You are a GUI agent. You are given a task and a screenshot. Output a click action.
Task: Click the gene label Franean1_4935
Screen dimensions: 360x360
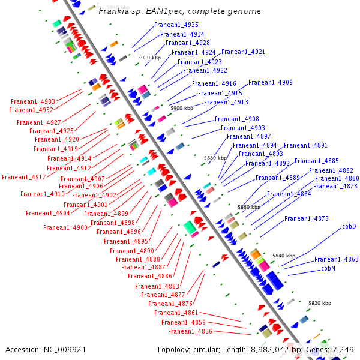pyautogui.click(x=176, y=25)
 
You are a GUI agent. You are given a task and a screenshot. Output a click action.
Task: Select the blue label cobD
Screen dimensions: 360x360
pyautogui.click(x=349, y=227)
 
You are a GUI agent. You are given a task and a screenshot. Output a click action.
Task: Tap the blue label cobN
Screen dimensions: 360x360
pyautogui.click(x=328, y=268)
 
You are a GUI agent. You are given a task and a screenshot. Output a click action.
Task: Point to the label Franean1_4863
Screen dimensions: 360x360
pyautogui.click(x=337, y=259)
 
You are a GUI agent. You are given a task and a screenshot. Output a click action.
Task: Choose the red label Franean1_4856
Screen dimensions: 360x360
pyautogui.click(x=190, y=331)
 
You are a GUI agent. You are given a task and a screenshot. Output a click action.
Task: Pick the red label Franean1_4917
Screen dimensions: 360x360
pyautogui.click(x=24, y=177)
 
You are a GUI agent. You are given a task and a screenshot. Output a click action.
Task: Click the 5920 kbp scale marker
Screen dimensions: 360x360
pyautogui.click(x=149, y=58)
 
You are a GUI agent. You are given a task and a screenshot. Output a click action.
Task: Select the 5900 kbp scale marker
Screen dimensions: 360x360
pyautogui.click(x=182, y=108)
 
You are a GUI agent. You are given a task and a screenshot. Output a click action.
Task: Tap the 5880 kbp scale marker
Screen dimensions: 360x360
pyautogui.click(x=215, y=158)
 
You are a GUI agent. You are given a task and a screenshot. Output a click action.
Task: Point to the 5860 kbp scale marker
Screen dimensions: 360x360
pyautogui.click(x=249, y=207)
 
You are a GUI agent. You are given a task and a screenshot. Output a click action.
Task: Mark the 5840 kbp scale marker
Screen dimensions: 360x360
pyautogui.click(x=284, y=256)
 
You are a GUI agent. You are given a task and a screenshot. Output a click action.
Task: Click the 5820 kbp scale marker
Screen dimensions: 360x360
pyautogui.click(x=320, y=303)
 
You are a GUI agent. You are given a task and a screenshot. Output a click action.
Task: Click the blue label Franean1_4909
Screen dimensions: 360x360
pyautogui.click(x=271, y=82)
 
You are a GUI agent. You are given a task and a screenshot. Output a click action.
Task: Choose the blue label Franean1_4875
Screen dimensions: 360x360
pyautogui.click(x=306, y=218)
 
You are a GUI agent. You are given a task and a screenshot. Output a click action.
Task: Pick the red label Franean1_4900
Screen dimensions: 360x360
pyautogui.click(x=65, y=227)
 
